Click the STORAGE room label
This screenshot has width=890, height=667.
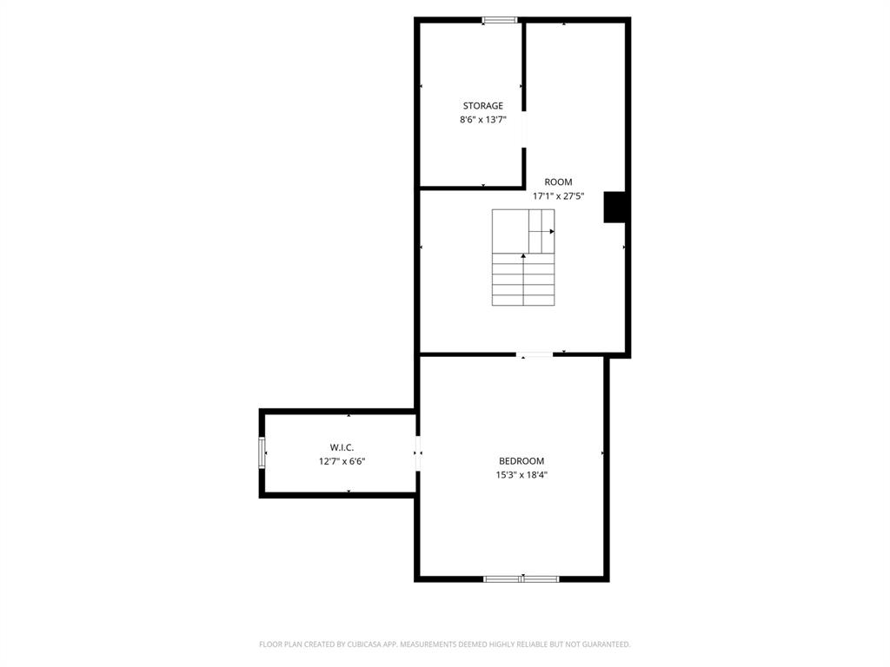[482, 106]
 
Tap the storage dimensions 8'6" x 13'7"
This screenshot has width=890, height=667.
[482, 120]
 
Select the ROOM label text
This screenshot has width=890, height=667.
[558, 182]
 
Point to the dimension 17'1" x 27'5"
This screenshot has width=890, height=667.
[558, 196]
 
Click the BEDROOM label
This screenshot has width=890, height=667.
[521, 461]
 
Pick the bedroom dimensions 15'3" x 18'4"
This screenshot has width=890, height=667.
[521, 475]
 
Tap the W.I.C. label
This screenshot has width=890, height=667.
[342, 447]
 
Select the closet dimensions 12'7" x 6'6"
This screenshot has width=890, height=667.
[342, 461]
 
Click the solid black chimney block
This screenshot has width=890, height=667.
[615, 207]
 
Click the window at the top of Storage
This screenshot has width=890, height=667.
[500, 20]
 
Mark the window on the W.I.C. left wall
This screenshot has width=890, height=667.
[262, 453]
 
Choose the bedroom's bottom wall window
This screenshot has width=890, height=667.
[521, 578]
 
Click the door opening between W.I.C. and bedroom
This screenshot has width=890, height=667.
[417, 453]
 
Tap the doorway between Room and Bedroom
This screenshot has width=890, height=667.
[535, 354]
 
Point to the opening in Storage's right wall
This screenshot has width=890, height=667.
[523, 130]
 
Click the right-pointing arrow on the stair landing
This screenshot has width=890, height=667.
[550, 231]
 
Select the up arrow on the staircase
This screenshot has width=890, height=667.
[523, 256]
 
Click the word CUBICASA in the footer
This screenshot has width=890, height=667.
[355, 644]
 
